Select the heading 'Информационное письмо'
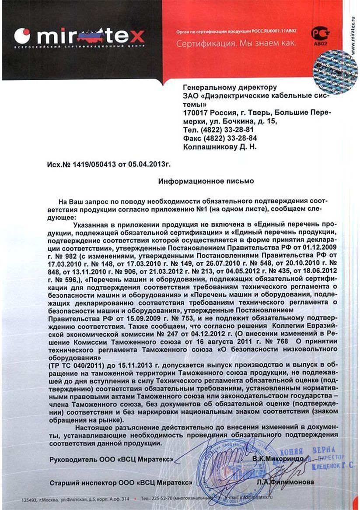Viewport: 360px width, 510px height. tap(206, 180)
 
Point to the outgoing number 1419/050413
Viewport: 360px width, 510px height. tap(91, 165)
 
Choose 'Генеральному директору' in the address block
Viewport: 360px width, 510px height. tap(230, 88)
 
